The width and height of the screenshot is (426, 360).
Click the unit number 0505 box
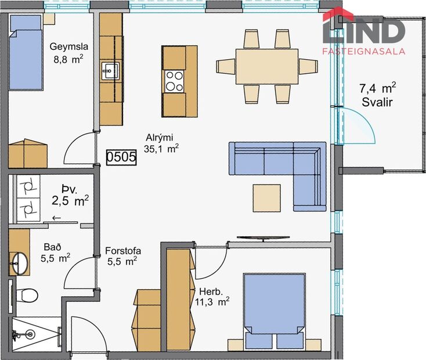tap(121, 156)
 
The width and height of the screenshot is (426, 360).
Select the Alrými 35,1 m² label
tap(161, 143)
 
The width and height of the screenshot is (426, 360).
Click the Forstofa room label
tap(123, 256)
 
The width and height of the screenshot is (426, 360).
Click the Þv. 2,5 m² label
tap(70, 195)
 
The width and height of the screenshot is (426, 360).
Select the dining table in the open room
tap(267, 66)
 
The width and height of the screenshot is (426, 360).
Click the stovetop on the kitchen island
tap(173, 81)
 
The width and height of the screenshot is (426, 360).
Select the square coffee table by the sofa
tap(267, 198)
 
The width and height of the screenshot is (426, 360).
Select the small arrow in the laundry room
tap(56, 218)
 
